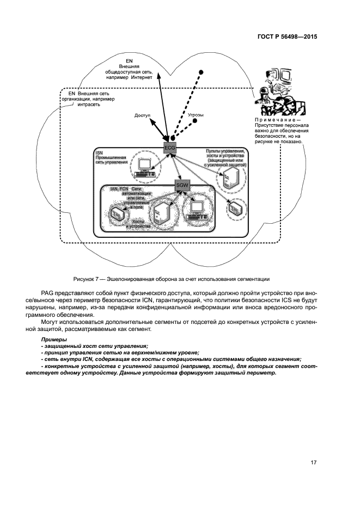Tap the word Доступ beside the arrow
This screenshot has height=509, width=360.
click(x=143, y=115)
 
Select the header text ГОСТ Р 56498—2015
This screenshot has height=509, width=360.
click(x=287, y=38)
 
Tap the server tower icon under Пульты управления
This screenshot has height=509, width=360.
click(x=228, y=177)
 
